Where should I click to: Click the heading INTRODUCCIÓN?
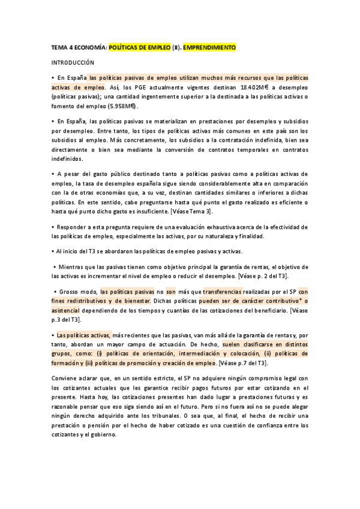(73, 62)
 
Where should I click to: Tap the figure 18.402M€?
(254, 87)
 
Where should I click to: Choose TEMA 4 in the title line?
(62, 47)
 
